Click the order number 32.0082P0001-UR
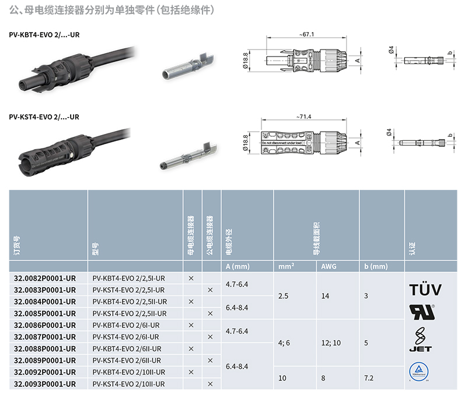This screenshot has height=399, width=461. (x=45, y=278)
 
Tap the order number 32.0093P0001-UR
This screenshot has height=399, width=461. (x=45, y=384)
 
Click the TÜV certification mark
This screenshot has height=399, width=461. (x=424, y=289)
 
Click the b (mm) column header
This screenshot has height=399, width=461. (x=376, y=267)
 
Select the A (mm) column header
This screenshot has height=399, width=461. (x=238, y=267)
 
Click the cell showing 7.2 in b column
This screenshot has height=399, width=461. (x=369, y=378)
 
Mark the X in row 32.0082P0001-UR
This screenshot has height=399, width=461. (x=191, y=278)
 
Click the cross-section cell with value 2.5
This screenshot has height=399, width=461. (x=284, y=296)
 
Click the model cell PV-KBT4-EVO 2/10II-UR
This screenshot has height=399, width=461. (x=129, y=372)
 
